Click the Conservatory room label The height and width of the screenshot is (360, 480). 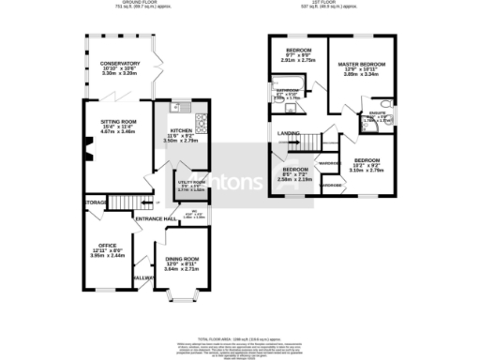(x=119, y=64)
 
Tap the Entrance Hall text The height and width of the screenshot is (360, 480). (x=156, y=218)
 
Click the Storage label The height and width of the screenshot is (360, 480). (x=95, y=202)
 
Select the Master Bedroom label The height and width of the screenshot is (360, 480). (x=361, y=64)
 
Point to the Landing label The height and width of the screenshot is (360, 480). (x=288, y=133)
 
